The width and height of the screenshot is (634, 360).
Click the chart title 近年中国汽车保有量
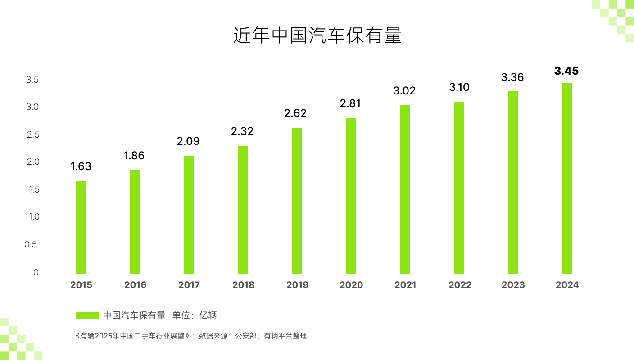317,36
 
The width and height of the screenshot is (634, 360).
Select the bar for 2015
81,227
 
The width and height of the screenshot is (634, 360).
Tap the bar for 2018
243,210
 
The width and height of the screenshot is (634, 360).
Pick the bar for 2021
405,189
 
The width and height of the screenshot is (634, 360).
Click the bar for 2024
567,178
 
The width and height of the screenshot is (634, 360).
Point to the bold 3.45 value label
566,71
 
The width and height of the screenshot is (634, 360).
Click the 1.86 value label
134,156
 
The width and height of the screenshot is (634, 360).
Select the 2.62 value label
295,113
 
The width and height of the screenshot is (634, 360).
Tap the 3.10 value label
459,87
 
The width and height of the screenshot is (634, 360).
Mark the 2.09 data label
188,141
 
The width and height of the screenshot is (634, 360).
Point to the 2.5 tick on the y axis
33,135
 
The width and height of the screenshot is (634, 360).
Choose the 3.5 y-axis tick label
32,80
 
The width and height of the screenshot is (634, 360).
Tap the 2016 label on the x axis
135,285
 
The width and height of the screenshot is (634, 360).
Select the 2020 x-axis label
351,285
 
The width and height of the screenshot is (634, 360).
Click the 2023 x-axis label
513,285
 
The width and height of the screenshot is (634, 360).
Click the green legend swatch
87,315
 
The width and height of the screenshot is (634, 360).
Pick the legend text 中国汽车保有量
134,315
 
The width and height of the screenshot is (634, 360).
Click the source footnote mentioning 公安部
191,336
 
